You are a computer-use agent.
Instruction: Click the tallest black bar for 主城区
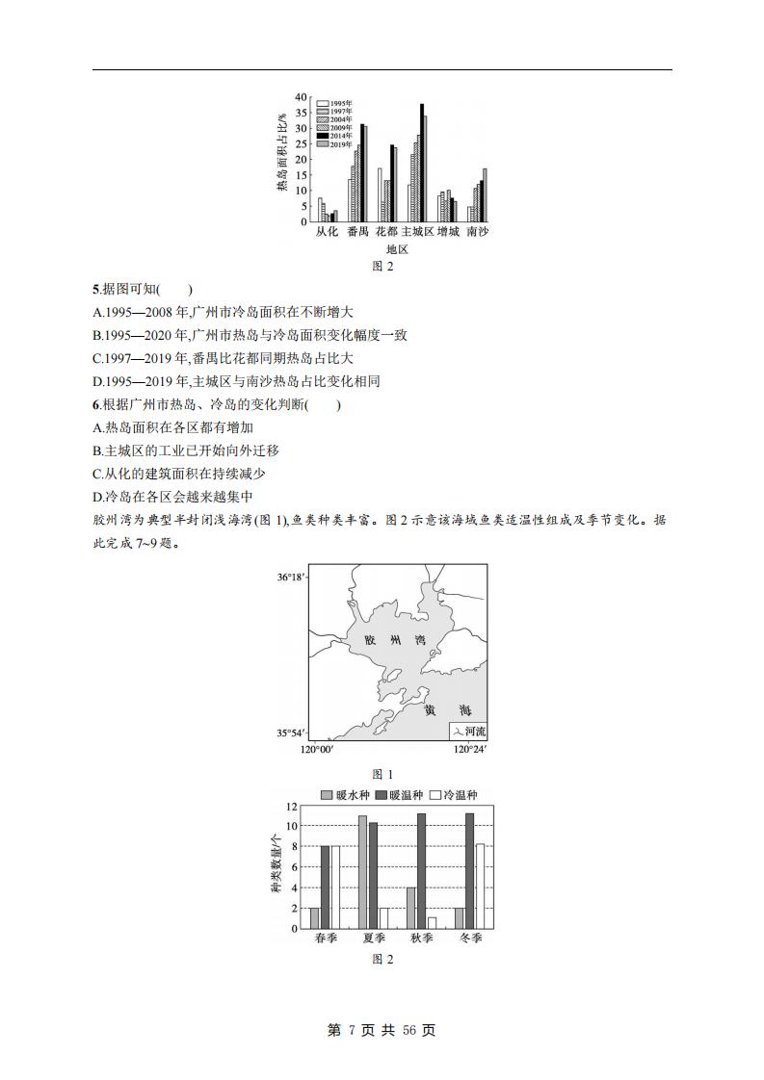click(422, 163)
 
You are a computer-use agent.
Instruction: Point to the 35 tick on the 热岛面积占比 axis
click(301, 113)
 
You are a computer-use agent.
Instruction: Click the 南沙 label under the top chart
click(477, 233)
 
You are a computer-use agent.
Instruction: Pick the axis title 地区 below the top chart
click(397, 249)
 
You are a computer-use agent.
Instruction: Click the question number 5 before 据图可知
click(95, 289)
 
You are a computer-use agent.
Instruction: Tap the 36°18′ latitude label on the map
click(291, 578)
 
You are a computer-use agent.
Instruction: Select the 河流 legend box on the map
click(468, 732)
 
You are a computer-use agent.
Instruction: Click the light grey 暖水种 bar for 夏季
click(363, 872)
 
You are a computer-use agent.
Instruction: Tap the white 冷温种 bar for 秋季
click(432, 923)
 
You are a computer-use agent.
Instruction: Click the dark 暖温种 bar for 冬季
click(469, 871)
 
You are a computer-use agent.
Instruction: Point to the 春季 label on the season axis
click(326, 939)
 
